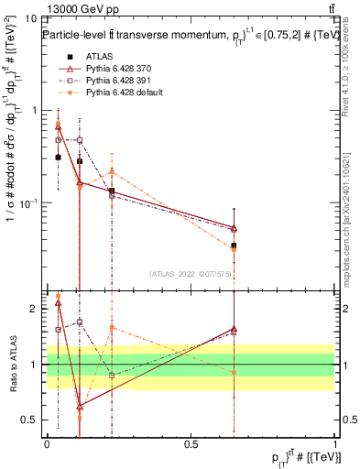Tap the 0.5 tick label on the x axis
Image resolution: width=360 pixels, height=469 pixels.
191,443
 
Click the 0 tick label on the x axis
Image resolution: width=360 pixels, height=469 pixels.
47,443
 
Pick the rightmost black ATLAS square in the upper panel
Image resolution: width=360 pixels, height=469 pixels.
234,245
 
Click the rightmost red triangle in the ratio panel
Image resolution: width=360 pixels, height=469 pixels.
234,328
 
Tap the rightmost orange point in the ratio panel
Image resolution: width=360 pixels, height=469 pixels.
234,372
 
